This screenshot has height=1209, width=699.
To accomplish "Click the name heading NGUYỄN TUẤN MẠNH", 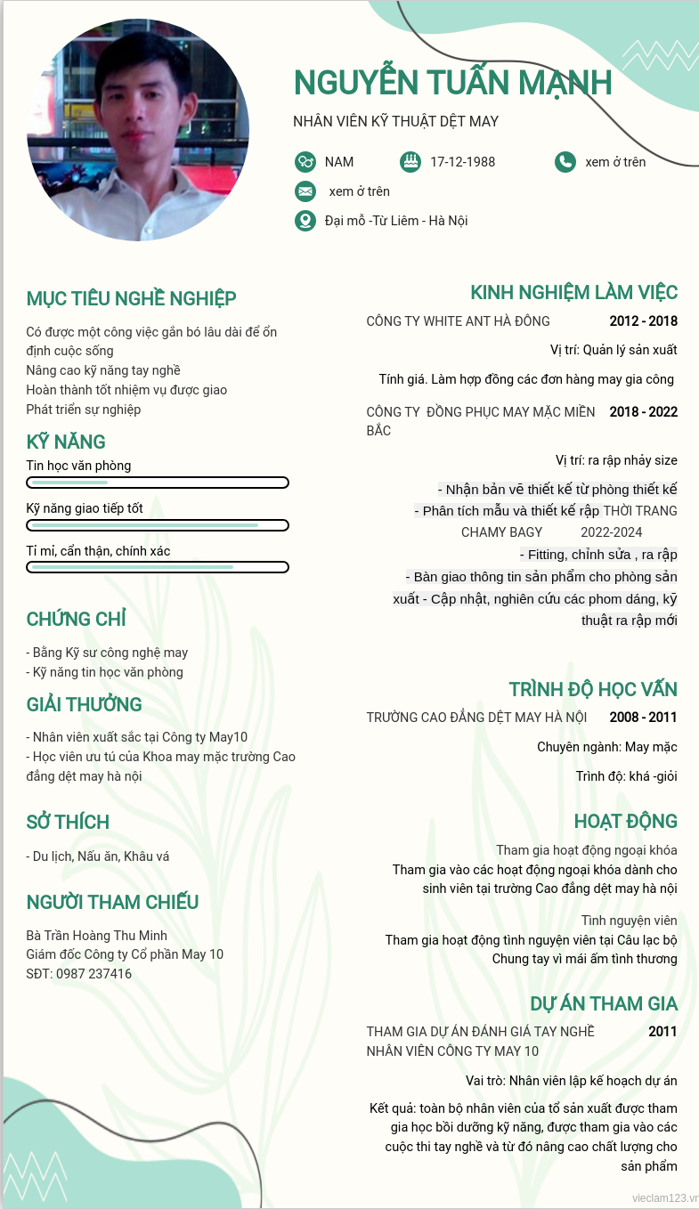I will (x=452, y=83).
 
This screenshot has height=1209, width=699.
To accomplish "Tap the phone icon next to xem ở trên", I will (x=565, y=162).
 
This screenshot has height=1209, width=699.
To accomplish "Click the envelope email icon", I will (x=305, y=191).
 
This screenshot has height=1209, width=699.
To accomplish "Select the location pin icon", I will (x=305, y=221).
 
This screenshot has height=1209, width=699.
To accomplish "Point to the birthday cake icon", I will (x=410, y=162).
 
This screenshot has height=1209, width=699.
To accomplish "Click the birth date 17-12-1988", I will (x=462, y=162).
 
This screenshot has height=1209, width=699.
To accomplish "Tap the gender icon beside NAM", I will (x=305, y=162).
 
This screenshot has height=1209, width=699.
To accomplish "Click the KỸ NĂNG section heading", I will (x=66, y=442).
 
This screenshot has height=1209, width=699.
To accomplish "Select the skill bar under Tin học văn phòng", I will (x=158, y=483).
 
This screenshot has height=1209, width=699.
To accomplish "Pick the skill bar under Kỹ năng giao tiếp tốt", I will (x=158, y=525).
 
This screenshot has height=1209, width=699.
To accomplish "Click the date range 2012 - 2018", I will (x=643, y=321).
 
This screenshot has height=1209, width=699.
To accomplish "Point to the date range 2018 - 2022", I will (x=643, y=412).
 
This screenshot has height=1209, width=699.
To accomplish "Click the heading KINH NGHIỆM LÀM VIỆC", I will (x=573, y=293).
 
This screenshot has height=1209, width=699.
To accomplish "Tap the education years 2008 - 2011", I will (x=643, y=718).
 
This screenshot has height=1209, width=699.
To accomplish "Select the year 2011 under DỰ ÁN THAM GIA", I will (x=662, y=1032).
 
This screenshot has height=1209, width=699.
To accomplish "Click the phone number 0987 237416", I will (x=93, y=974).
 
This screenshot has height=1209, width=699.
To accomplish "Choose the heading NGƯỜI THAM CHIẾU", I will (x=112, y=903).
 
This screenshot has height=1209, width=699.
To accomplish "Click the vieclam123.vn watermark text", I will (x=662, y=1198).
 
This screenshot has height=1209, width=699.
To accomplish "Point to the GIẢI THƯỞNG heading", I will (x=84, y=705).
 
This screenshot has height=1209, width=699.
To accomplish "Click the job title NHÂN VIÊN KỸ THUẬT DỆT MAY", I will (x=395, y=122).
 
